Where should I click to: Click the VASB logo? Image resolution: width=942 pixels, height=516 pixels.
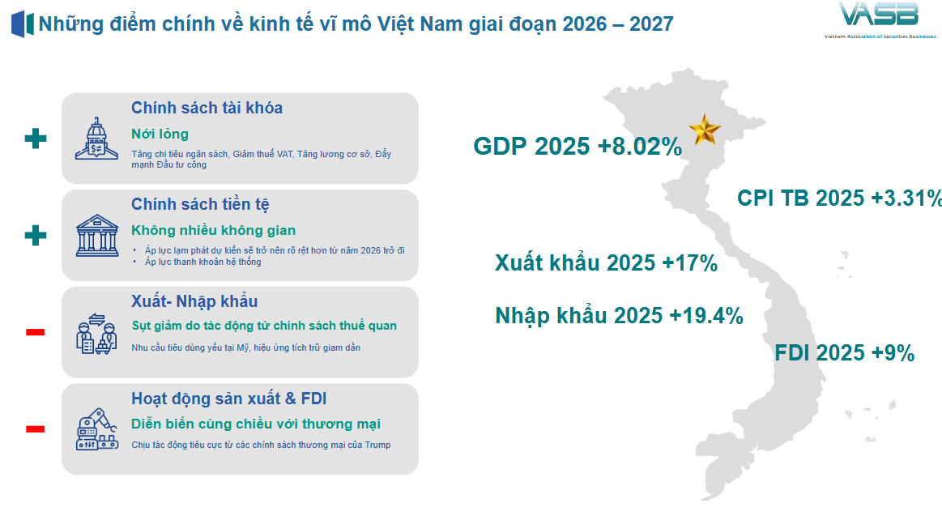(x=879, y=20)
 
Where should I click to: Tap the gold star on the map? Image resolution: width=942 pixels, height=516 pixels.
(x=705, y=130)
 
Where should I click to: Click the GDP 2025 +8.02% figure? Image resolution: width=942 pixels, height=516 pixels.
(x=578, y=147)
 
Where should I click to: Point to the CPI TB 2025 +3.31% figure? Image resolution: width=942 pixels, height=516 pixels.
(x=839, y=198)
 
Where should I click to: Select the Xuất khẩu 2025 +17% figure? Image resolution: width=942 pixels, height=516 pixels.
(x=606, y=263)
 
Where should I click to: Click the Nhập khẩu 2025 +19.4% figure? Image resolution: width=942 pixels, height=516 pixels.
(x=619, y=316)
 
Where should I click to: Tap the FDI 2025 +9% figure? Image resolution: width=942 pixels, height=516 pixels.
(x=844, y=353)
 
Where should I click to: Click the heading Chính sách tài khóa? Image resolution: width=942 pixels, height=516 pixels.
(x=207, y=108)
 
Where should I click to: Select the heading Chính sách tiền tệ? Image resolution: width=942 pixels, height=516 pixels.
(x=200, y=205)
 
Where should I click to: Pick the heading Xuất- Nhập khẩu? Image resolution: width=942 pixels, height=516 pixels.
(x=194, y=301)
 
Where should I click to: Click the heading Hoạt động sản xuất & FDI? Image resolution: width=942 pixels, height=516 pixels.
(x=229, y=399)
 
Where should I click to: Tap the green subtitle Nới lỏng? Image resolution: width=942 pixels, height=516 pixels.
(x=160, y=134)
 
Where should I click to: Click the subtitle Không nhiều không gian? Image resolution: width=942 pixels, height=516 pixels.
(x=213, y=231)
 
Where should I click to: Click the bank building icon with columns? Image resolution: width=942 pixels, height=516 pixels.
(x=96, y=236)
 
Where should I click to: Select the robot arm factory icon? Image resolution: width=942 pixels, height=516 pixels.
(x=96, y=429)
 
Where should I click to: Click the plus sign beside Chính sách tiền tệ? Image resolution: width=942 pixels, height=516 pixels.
(x=36, y=235)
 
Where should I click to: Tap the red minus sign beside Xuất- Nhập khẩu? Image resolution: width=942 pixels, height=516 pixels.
(x=36, y=331)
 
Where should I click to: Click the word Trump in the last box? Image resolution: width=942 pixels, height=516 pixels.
(x=377, y=445)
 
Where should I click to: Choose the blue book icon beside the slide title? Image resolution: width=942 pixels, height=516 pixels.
(x=22, y=24)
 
